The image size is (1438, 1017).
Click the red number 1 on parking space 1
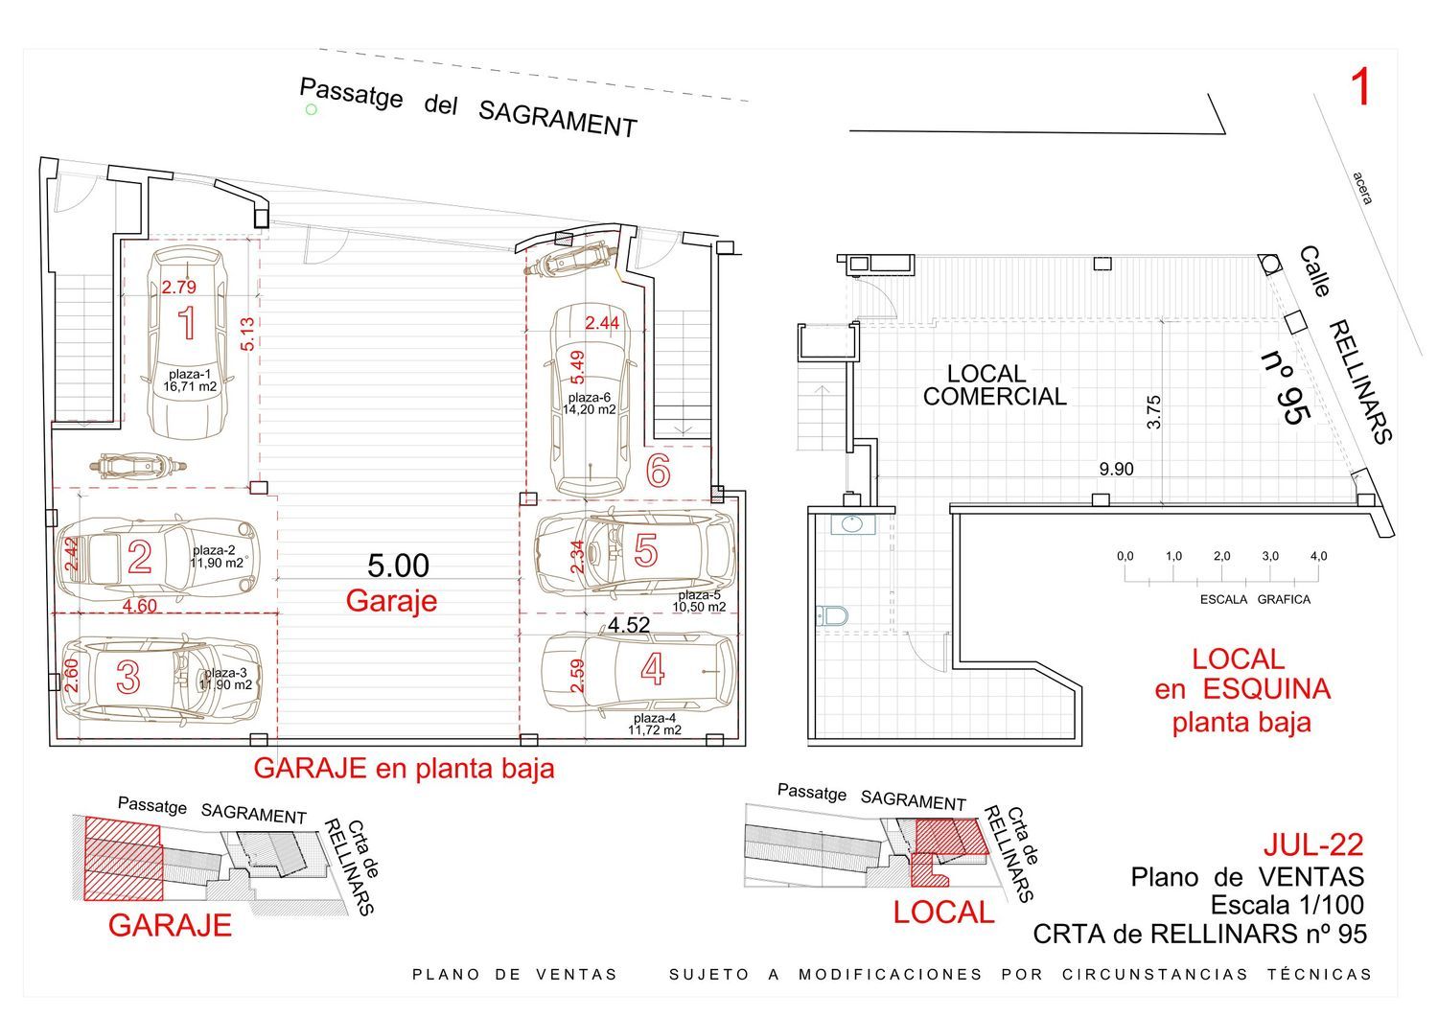pos(188,323)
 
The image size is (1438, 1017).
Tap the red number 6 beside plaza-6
pos(658,471)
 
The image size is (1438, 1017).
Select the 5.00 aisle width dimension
pos(398,566)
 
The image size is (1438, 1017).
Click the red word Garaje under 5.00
pos(391,601)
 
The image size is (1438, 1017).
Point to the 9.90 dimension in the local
pos(1117,470)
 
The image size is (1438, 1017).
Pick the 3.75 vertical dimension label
pos(1153,411)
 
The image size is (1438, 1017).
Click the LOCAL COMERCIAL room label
pos(994,384)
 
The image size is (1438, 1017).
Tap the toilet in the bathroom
pos(832,616)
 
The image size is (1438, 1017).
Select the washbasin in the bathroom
pos(853,524)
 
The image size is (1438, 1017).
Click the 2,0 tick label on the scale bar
pos(1221,556)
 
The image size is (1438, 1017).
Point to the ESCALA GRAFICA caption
pos(1255,600)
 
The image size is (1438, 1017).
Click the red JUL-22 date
pos(1313,844)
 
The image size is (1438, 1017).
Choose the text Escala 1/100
pos(1287,905)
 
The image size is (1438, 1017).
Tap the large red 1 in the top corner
pos(1359,87)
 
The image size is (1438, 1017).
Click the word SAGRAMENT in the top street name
pos(557,120)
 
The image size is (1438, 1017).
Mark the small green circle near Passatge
pos(312,110)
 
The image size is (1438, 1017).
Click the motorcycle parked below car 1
pos(138,466)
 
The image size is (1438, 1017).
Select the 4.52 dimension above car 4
pos(629,625)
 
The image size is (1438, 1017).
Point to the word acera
pos(1361,188)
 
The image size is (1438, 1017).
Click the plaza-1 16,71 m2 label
pos(190,381)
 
